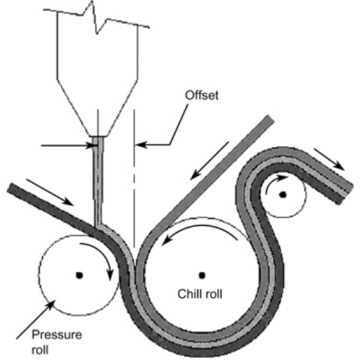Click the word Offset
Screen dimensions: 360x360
202,96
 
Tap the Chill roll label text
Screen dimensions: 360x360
200,294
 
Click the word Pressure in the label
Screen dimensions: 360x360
57,335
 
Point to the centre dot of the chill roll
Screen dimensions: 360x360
202,276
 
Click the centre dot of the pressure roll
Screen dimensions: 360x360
79,275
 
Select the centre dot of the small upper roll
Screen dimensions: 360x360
283,194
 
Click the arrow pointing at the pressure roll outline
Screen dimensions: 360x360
36,320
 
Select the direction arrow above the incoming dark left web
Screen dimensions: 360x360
50,193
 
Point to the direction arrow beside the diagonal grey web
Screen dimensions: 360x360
209,161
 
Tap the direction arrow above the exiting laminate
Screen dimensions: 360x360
329,159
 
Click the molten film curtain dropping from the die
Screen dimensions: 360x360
98,181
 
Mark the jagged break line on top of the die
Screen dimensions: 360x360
96,18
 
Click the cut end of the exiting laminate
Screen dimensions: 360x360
347,194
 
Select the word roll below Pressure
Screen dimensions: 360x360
40,350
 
